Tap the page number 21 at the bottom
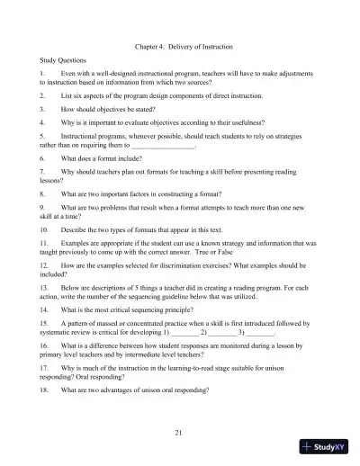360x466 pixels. coord(180,433)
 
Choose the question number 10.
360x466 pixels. coord(44,230)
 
